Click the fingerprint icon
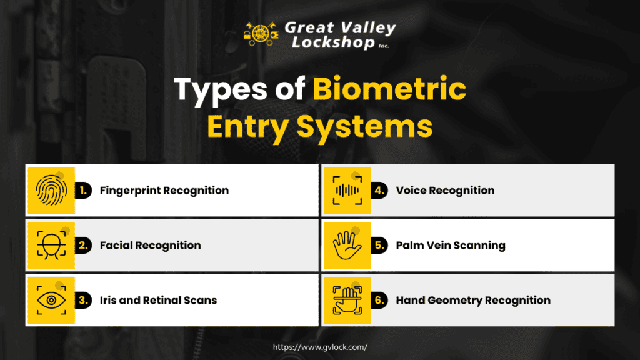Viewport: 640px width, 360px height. [51, 190]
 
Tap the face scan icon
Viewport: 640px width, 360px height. [51, 245]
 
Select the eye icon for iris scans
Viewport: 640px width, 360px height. [51, 301]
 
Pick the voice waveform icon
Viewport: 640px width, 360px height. [347, 190]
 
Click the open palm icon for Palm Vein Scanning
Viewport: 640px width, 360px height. [347, 245]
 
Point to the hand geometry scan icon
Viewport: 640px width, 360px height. [347, 301]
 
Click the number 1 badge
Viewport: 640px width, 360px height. [83, 191]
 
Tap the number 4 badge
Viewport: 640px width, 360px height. [379, 191]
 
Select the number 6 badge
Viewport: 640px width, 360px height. [379, 301]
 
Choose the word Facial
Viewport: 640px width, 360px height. [116, 245]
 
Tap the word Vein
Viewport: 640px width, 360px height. [438, 245]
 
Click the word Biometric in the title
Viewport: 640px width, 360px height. [389, 89]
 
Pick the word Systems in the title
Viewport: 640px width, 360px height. [364, 127]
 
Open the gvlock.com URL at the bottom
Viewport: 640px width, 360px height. [320, 347]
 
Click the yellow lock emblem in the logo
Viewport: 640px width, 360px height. [261, 34]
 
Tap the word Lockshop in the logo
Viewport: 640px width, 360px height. [333, 42]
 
